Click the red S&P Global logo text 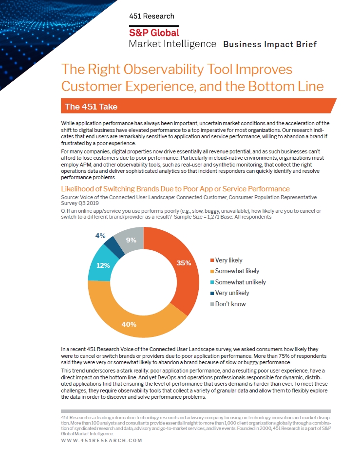(x=154, y=33)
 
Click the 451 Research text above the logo (x=152, y=16)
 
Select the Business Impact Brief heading (x=270, y=44)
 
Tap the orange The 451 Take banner (x=198, y=106)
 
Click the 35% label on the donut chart (x=184, y=263)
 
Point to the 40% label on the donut (x=129, y=324)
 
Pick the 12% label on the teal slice (x=103, y=265)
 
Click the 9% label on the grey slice (x=131, y=240)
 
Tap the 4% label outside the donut (x=100, y=236)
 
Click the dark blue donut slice (x=114, y=247)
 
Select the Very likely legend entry (x=227, y=260)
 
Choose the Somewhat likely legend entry (x=235, y=271)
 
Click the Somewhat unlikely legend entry (x=238, y=282)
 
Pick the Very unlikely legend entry (x=230, y=293)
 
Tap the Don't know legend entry (x=228, y=304)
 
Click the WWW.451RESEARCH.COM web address (x=101, y=441)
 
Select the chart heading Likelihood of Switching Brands (x=175, y=189)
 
